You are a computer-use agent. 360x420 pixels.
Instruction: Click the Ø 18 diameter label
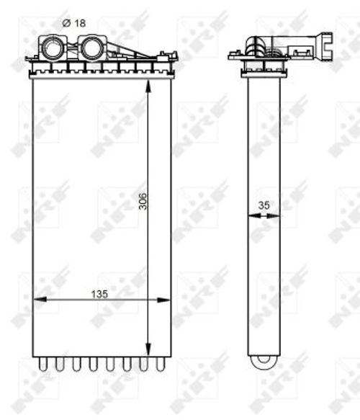tap(74, 23)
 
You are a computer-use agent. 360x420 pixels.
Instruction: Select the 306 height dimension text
tap(143, 201)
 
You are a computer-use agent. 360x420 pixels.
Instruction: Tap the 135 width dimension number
tap(99, 294)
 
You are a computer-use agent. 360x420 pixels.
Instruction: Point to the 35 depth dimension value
tap(264, 205)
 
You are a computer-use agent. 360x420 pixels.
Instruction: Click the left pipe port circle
tap(53, 48)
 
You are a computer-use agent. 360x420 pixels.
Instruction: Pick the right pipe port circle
tap(91, 48)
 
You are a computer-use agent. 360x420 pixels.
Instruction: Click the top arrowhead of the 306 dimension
tap(148, 86)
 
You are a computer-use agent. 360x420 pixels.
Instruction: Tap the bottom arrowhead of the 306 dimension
tap(148, 350)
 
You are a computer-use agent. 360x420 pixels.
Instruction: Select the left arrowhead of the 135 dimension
tap(39, 300)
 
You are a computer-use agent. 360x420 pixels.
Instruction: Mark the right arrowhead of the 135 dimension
tap(164, 300)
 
